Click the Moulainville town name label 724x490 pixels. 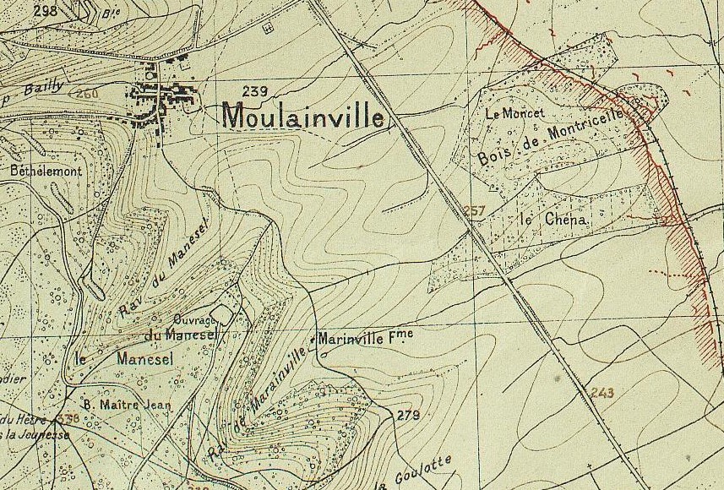303,116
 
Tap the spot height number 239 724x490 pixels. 254,91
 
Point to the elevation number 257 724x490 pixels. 476,210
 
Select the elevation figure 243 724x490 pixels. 602,392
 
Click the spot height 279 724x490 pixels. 408,415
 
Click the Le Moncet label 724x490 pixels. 514,112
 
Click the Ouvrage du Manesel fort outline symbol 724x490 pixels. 221,313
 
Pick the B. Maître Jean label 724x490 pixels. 127,405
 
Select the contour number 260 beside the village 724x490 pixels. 87,92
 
